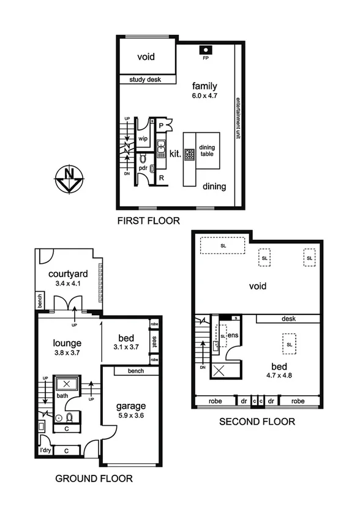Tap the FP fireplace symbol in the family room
point(205,51)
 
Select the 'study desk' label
point(145,80)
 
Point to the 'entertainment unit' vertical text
point(238,119)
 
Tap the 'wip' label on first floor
point(143,139)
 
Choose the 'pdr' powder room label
point(142,168)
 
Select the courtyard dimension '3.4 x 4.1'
point(66,284)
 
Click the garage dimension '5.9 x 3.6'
point(131,417)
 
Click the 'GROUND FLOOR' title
point(94,479)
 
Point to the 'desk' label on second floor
point(289,318)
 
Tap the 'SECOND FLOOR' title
point(258,422)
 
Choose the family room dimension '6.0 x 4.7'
point(204,96)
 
